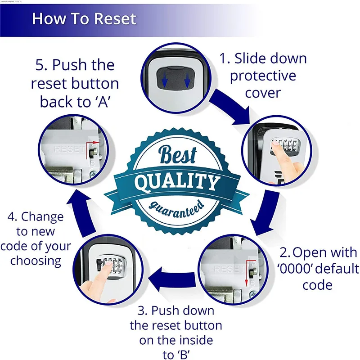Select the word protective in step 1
263,76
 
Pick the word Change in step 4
42,217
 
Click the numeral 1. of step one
225,58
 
